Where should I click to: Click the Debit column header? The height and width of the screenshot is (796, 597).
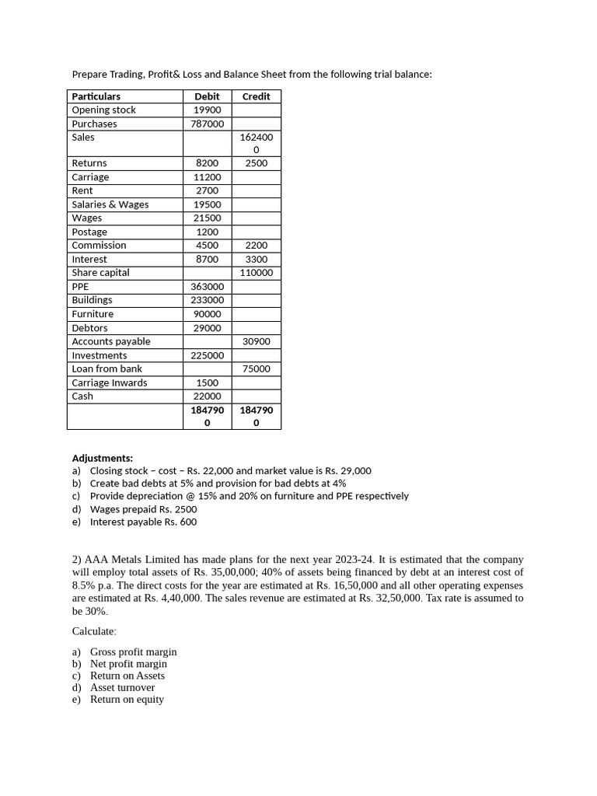point(207,96)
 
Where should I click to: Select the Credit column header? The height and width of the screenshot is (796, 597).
point(256,96)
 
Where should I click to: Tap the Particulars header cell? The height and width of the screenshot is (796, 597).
point(96,96)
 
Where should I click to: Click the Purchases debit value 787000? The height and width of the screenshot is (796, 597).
point(207,124)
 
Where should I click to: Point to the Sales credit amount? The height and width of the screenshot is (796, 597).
point(256,143)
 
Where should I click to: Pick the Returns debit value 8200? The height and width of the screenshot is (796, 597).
point(207,163)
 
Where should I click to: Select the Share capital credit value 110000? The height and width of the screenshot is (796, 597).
point(256,273)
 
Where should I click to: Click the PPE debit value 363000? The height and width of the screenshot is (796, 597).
point(207,287)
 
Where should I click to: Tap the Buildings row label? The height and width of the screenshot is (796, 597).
point(93,300)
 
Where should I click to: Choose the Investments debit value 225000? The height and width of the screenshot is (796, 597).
point(207,355)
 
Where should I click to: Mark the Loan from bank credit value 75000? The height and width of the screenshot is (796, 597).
point(256,369)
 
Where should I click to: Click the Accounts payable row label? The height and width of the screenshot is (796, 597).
point(111,341)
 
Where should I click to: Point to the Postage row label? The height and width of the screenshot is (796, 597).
point(89,232)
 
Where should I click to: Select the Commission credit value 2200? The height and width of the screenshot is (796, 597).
point(256,246)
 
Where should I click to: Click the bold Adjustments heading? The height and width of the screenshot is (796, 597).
point(103,459)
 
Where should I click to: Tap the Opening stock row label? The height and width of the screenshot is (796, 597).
point(103,110)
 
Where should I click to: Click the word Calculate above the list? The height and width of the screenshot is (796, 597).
point(94,631)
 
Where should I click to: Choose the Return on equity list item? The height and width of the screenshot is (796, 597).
point(127,700)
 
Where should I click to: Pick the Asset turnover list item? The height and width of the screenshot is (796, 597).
point(122,687)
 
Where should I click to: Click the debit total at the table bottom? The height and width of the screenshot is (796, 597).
point(207,416)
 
